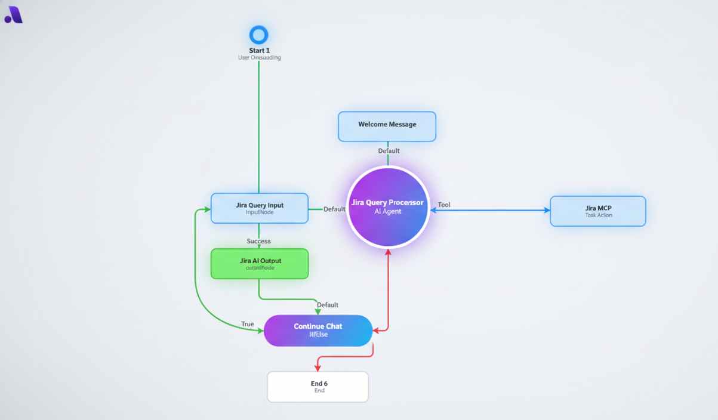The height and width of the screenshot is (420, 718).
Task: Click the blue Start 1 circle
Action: pyautogui.click(x=258, y=35)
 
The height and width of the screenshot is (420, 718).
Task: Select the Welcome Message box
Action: pyautogui.click(x=387, y=126)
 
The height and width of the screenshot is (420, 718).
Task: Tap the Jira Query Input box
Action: pyautogui.click(x=260, y=208)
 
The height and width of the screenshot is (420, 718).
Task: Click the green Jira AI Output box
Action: pyautogui.click(x=260, y=264)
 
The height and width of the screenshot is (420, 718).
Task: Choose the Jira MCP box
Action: pyautogui.click(x=598, y=211)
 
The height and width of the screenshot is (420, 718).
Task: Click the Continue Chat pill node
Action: pyautogui.click(x=318, y=331)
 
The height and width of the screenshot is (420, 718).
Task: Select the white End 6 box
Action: pyautogui.click(x=318, y=387)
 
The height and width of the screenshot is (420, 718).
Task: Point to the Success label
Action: pyautogui.click(x=258, y=241)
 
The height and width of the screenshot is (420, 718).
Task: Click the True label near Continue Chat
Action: pyautogui.click(x=248, y=324)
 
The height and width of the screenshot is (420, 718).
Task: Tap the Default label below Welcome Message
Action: pyautogui.click(x=389, y=151)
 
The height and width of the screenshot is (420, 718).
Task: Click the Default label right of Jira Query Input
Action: pyautogui.click(x=334, y=209)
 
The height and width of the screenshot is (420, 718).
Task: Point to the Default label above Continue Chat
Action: pyautogui.click(x=328, y=305)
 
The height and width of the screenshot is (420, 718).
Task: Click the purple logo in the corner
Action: pyautogui.click(x=14, y=15)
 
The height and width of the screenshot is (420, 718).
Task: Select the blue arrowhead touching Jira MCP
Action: pyautogui.click(x=547, y=210)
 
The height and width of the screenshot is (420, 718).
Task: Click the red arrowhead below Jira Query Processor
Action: pyautogui.click(x=388, y=253)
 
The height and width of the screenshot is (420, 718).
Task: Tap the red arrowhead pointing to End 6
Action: pyautogui.click(x=318, y=367)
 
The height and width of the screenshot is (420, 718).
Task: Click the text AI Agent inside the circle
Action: pyautogui.click(x=388, y=212)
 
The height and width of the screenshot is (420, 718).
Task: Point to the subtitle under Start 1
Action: pyautogui.click(x=259, y=58)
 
